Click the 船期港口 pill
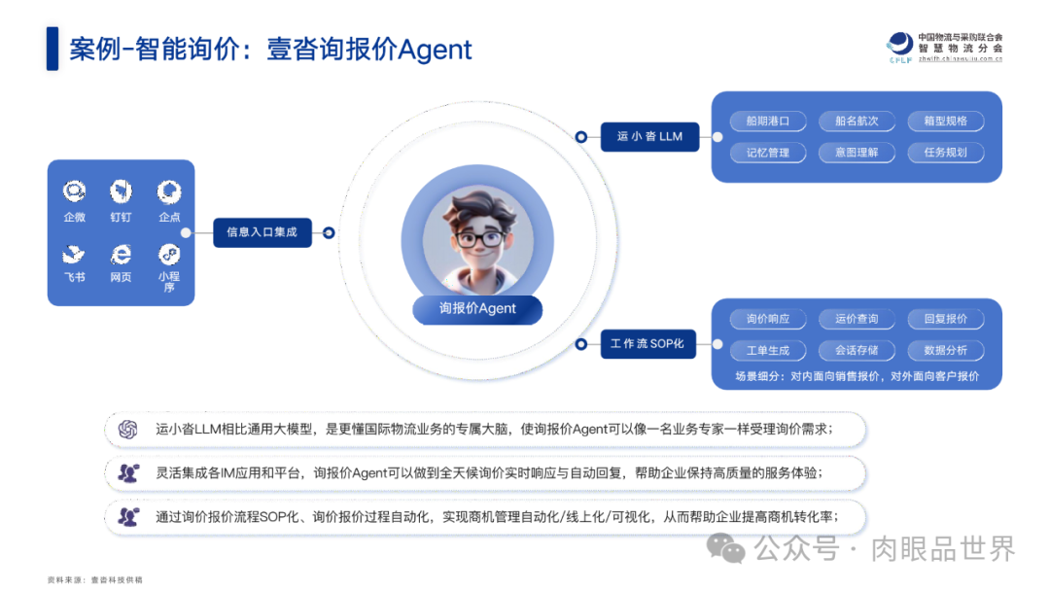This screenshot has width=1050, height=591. (x=767, y=122)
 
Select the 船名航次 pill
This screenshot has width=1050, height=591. (x=856, y=122)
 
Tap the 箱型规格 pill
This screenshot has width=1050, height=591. (x=945, y=122)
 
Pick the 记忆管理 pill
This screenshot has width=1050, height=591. (x=767, y=153)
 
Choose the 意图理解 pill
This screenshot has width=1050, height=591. (x=856, y=153)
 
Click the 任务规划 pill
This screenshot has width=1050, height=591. (x=945, y=153)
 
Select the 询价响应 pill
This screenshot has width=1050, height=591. (x=767, y=319)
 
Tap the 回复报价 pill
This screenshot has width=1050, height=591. (x=945, y=319)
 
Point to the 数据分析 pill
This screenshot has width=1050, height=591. (x=945, y=350)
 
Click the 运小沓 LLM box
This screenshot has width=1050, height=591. (x=649, y=137)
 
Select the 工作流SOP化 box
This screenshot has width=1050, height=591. (x=647, y=344)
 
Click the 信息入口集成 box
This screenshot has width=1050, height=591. (x=262, y=232)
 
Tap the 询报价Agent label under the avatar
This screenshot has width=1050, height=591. (x=477, y=308)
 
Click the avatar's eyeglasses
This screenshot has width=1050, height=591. (x=477, y=237)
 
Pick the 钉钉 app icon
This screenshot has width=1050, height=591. (x=121, y=191)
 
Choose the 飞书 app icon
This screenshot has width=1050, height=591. (x=74, y=255)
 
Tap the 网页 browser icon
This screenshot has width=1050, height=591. (x=121, y=255)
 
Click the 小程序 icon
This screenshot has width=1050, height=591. (x=169, y=255)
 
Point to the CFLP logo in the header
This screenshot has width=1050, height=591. (x=900, y=46)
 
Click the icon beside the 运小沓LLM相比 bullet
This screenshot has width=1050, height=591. (x=127, y=429)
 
